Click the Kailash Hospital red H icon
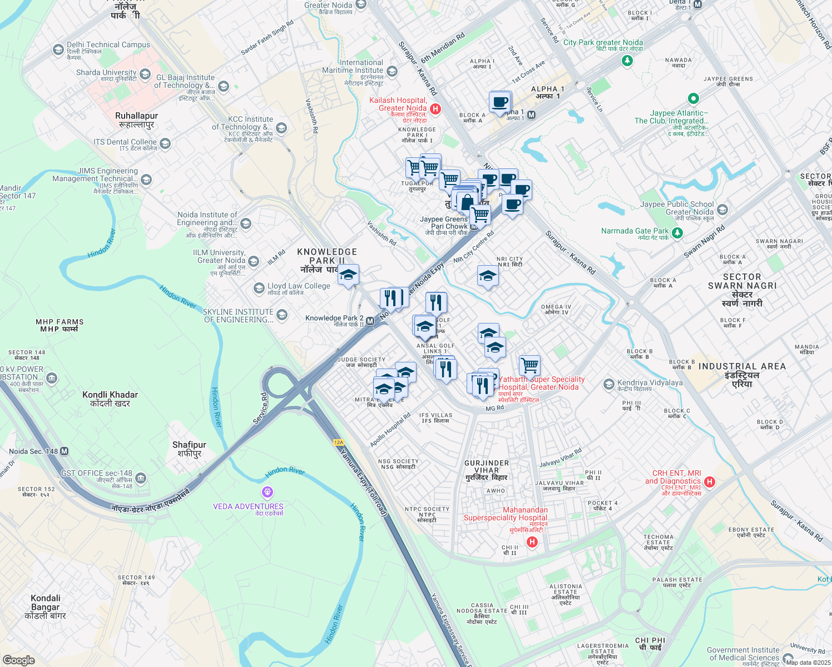[435, 109]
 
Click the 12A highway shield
[339, 442]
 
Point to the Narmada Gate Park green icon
[677, 233]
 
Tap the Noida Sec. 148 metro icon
[65, 451]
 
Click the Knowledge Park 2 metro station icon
[370, 321]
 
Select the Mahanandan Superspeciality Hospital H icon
[532, 542]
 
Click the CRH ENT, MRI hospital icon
[709, 481]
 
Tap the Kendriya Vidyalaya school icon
[609, 384]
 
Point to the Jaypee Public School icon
[722, 210]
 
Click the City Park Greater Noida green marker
[627, 61]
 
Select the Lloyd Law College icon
[259, 288]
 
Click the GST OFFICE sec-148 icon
[141, 477]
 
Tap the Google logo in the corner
[18, 660]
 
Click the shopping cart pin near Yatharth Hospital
[529, 365]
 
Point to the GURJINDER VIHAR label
[487, 466]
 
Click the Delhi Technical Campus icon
[58, 50]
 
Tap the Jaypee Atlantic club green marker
[693, 99]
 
